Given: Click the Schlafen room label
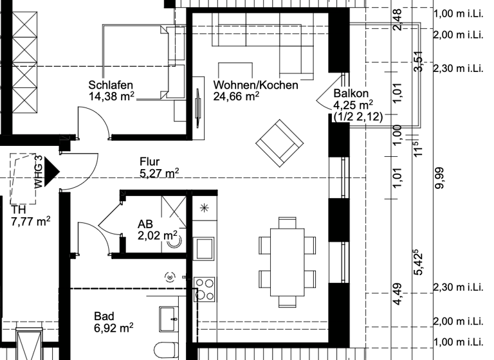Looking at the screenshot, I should (111, 85).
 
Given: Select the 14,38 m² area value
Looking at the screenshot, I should (111, 96).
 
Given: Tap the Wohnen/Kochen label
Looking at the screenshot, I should (255, 85).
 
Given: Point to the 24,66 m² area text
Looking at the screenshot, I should (236, 96).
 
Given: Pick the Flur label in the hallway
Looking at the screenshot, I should (149, 162).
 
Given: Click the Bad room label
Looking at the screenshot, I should (104, 316).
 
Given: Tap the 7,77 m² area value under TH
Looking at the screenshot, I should (30, 221).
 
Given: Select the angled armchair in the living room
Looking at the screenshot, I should (279, 142).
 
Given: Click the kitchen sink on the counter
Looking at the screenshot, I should (205, 248).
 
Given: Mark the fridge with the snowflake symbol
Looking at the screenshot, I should (205, 208).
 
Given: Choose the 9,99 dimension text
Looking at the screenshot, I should (440, 177).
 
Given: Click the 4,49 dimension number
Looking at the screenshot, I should (397, 297).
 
